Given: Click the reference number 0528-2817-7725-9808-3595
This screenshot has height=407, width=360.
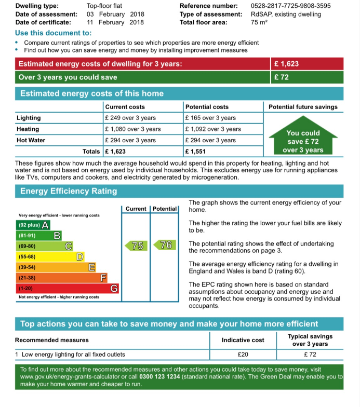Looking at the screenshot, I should pyautogui.click(x=290, y=6).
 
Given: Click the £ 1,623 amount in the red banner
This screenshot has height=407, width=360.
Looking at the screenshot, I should pyautogui.click(x=287, y=64).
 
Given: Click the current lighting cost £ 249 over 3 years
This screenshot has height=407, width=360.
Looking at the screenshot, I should pyautogui.click(x=130, y=118).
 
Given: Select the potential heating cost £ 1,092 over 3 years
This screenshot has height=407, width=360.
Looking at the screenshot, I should pyautogui.click(x=213, y=129).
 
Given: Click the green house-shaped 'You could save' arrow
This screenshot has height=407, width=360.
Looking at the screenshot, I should pyautogui.click(x=303, y=138).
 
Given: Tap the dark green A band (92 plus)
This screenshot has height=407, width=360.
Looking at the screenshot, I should pyautogui.click(x=33, y=225).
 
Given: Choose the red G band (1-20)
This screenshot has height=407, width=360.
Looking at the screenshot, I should pyautogui.click(x=68, y=288).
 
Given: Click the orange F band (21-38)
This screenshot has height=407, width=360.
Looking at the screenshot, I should pyautogui.click(x=62, y=278).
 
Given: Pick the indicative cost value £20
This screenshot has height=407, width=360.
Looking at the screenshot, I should pyautogui.click(x=243, y=355).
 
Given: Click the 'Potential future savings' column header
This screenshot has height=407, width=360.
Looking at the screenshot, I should pyautogui.click(x=303, y=107).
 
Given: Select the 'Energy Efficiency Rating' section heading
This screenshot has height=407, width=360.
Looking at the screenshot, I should pyautogui.click(x=69, y=191).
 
